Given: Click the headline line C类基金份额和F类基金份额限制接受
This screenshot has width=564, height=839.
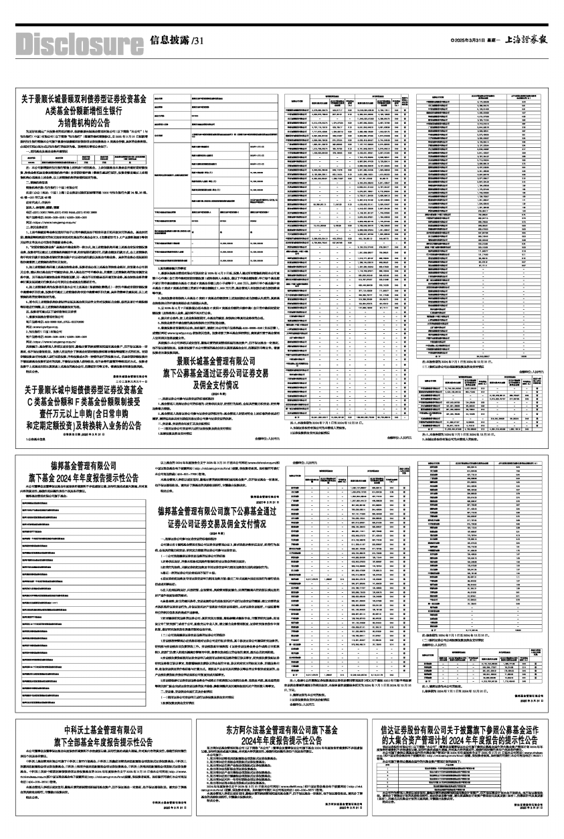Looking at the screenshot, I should pos(82,401).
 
